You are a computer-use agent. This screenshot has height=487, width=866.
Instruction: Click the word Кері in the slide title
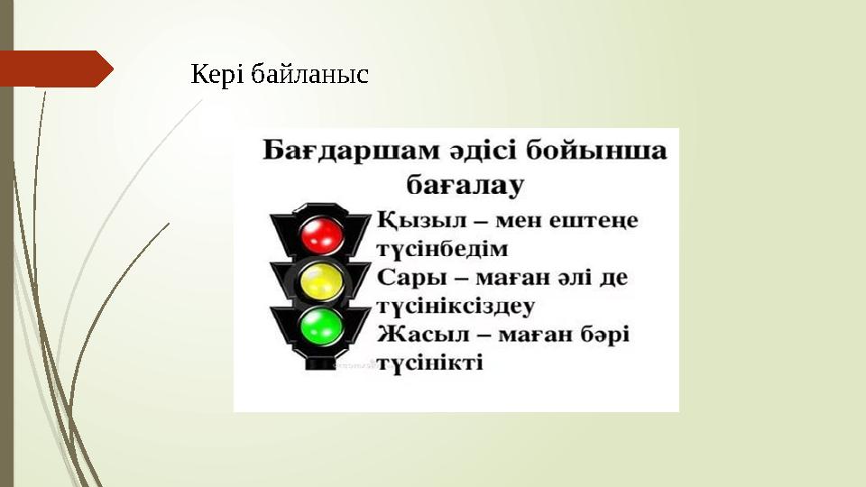(217, 75)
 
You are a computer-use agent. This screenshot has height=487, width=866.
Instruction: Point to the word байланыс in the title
(309, 75)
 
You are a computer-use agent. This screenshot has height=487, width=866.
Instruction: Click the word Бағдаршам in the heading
(336, 151)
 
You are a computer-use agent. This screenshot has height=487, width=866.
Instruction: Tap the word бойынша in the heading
(605, 151)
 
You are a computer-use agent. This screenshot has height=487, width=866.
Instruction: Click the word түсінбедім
(442, 249)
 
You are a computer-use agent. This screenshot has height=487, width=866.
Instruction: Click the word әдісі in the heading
(481, 151)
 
